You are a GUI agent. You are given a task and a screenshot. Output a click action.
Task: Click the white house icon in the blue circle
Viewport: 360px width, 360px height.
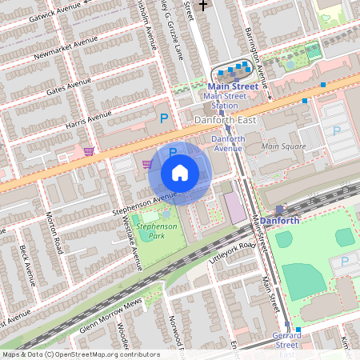(180, 173)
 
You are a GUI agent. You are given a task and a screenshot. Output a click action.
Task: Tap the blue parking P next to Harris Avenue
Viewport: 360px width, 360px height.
(164, 118)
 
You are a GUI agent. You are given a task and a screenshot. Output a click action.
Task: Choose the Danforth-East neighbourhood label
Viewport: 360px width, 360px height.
(221, 119)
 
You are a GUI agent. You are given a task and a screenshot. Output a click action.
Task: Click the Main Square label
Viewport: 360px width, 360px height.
(283, 146)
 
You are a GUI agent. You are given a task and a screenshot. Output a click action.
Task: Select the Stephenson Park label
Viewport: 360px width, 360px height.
(154, 231)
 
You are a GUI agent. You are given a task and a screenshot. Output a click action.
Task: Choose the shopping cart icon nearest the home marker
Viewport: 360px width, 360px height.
(147, 164)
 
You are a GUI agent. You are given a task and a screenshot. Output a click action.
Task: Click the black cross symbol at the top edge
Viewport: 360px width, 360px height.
(203, 5)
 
